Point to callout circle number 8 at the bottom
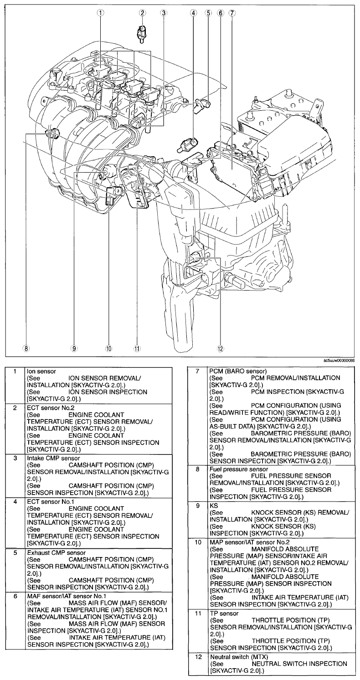coord(27,348)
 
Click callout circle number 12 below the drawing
coord(221,348)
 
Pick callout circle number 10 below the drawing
coord(108,348)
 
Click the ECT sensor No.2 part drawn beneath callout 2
coord(143,33)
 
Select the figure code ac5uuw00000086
coord(339,360)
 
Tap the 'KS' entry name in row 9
coord(213,506)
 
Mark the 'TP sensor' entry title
coord(223,614)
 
